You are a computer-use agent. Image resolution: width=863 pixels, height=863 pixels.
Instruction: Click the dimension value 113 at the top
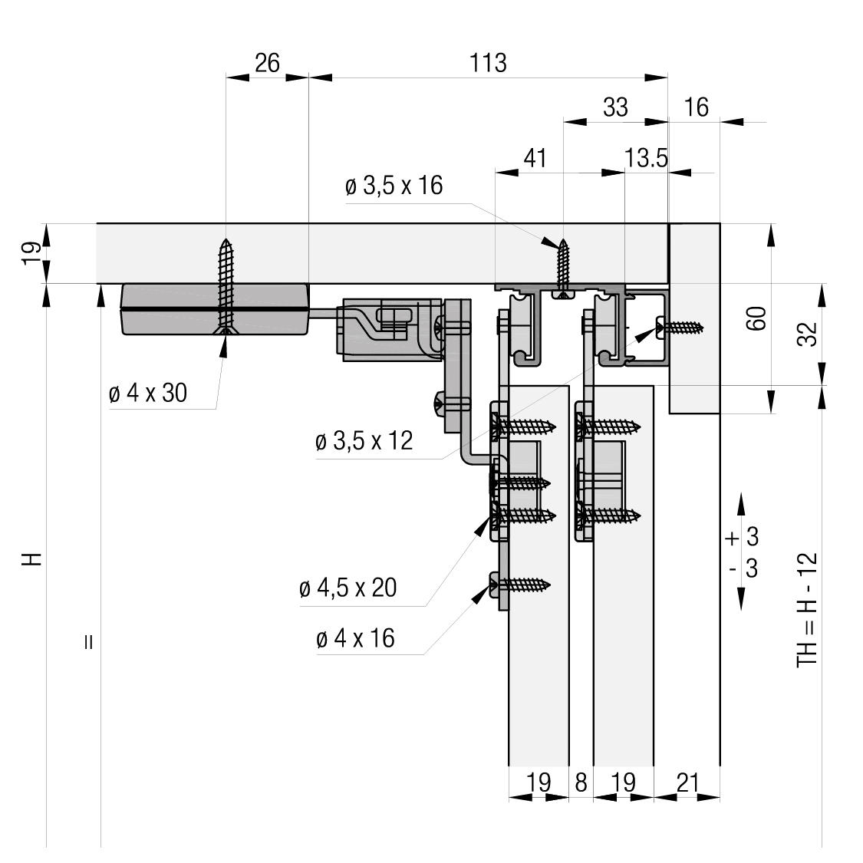click(x=488, y=64)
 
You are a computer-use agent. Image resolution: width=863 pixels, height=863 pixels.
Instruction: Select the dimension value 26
click(x=267, y=64)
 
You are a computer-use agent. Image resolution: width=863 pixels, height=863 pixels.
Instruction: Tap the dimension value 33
click(x=615, y=107)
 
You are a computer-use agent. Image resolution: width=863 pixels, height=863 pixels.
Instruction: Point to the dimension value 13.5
click(x=646, y=159)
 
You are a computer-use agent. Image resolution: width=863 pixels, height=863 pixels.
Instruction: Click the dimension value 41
click(x=535, y=159)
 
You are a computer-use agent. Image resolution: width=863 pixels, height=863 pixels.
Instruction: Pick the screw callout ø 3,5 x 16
click(x=394, y=186)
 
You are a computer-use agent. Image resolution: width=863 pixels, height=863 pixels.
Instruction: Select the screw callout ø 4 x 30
click(x=148, y=393)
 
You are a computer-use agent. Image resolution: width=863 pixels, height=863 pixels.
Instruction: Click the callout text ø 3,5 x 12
click(x=364, y=441)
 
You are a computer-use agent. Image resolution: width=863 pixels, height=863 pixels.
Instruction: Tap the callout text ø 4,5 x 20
click(x=348, y=588)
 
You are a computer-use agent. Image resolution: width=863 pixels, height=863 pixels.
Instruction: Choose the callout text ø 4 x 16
click(x=355, y=638)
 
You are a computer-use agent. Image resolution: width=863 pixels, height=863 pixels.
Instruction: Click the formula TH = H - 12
click(x=808, y=611)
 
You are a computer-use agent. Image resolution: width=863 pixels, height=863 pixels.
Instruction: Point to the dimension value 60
click(x=757, y=318)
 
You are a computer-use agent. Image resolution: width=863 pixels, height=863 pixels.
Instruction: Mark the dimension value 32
click(x=808, y=334)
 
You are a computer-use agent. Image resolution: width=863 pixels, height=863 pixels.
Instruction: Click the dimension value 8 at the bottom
click(x=581, y=782)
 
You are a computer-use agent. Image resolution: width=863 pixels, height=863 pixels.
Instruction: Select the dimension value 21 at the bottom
click(x=687, y=782)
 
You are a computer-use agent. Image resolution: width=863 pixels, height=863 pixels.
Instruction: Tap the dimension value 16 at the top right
click(x=697, y=107)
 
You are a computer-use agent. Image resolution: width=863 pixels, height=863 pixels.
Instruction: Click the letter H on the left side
click(x=32, y=558)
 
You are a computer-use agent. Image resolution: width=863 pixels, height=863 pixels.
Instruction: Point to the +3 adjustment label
click(x=743, y=537)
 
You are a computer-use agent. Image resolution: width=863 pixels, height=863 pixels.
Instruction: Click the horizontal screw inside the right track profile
click(x=680, y=328)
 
